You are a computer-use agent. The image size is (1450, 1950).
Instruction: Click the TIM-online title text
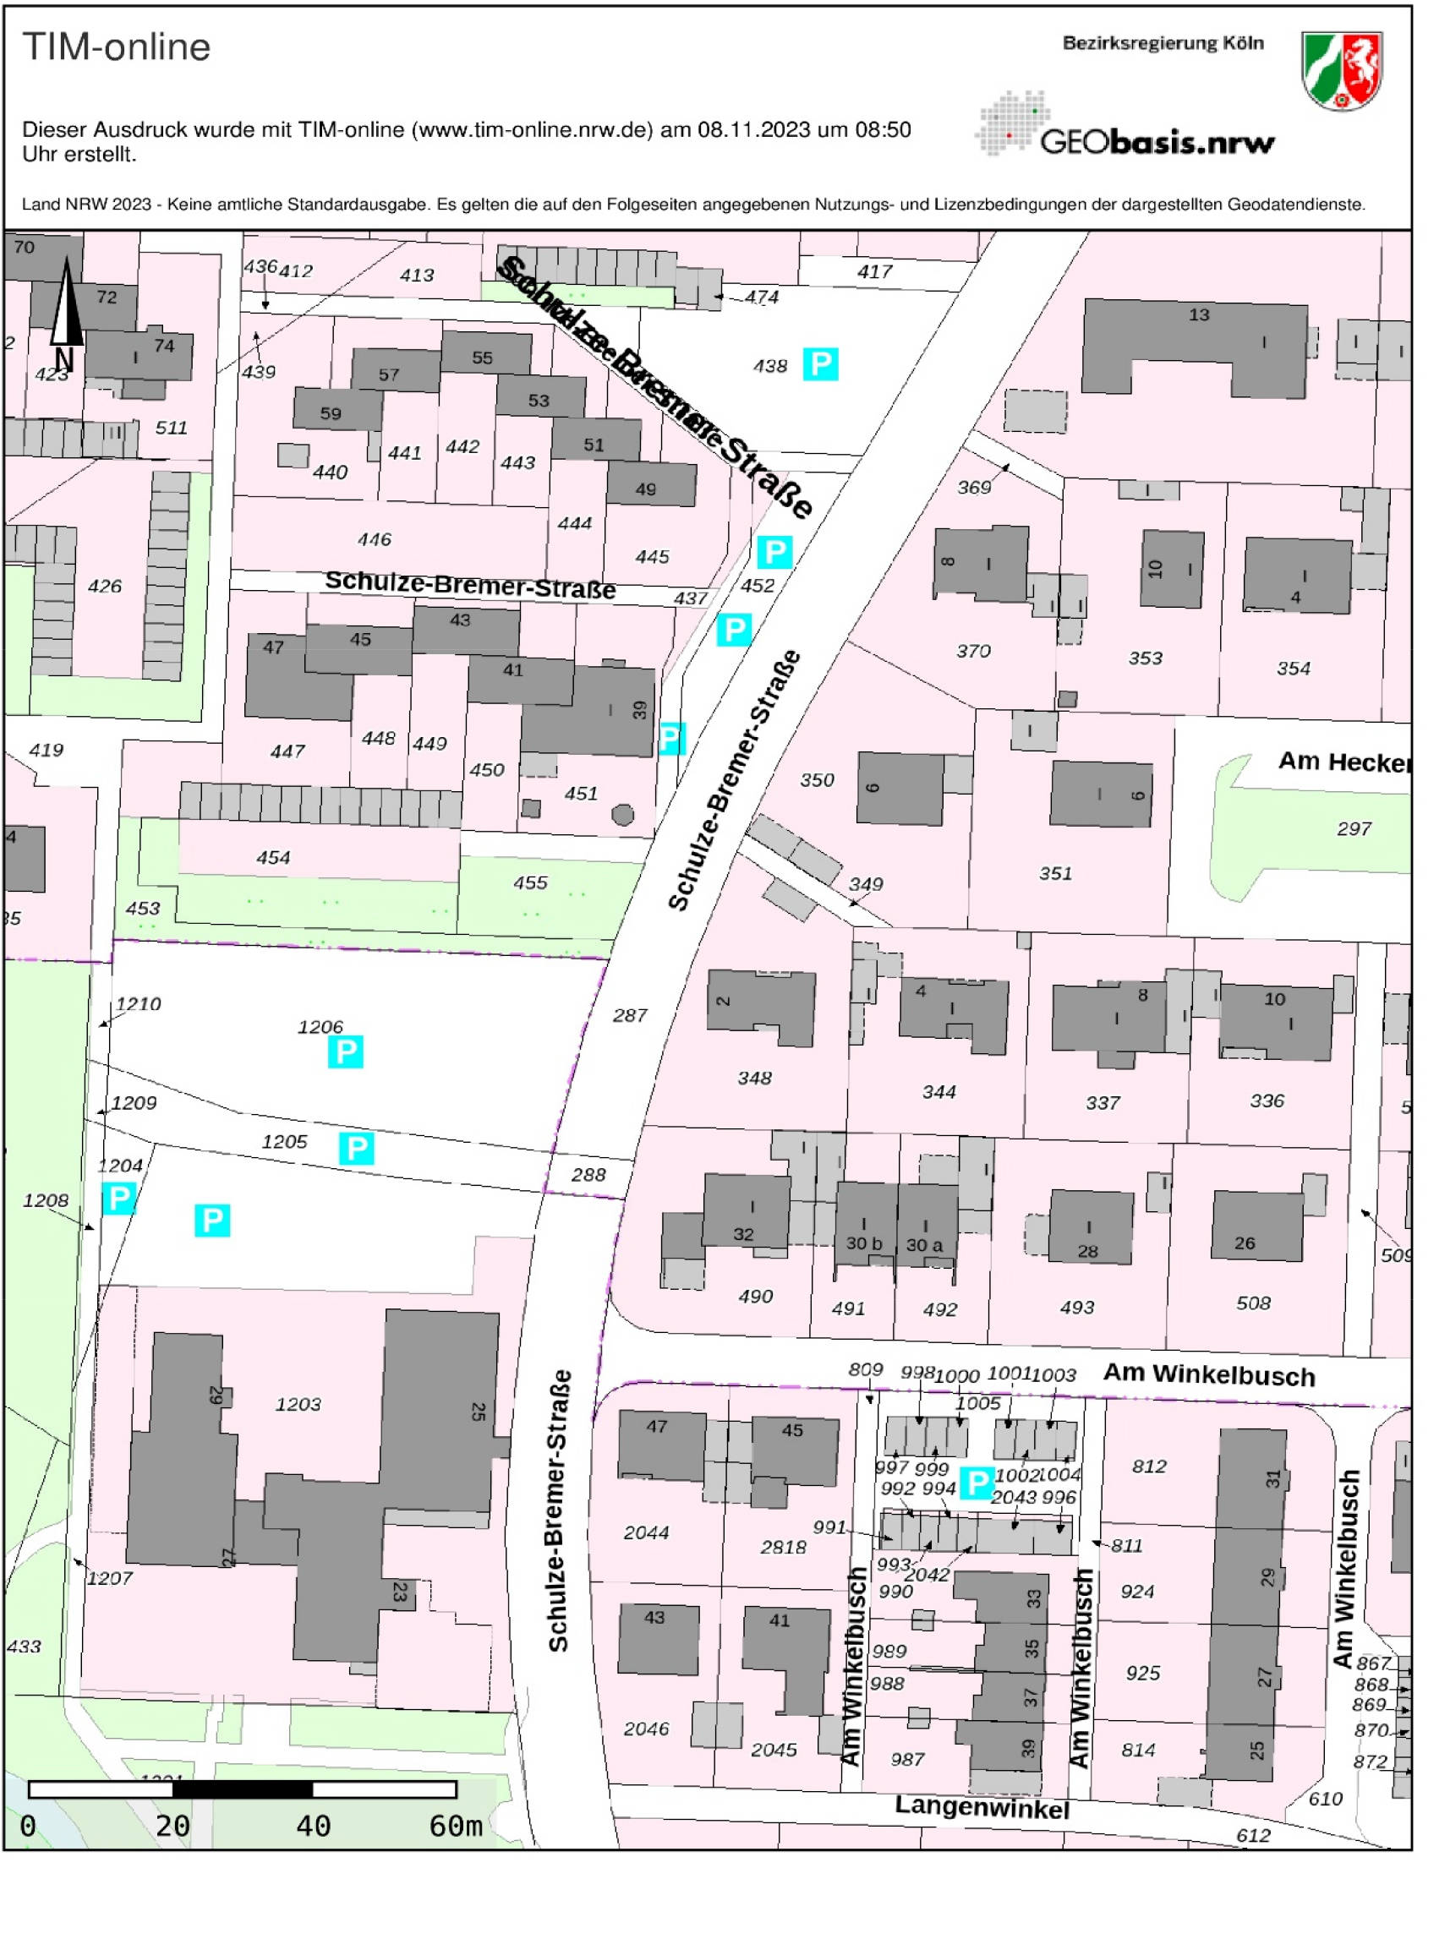116,47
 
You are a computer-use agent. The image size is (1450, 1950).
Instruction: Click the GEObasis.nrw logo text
1156,141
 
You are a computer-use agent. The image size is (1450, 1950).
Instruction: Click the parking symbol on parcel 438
820,363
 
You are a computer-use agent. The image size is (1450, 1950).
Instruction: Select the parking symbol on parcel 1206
345,1051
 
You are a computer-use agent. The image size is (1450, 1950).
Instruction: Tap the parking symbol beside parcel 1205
356,1148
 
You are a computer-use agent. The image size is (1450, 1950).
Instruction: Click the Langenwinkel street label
982,1807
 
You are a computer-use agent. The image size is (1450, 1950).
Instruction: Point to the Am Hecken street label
1343,762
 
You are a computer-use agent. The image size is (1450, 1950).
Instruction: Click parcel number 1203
298,1404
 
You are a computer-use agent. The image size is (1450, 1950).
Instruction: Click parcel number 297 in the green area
1353,828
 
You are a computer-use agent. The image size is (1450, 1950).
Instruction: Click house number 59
331,412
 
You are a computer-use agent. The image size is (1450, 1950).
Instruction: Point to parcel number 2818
783,1547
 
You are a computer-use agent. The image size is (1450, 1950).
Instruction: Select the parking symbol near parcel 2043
976,1483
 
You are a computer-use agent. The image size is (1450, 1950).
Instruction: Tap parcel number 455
530,882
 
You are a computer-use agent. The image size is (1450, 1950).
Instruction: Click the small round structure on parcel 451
622,814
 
